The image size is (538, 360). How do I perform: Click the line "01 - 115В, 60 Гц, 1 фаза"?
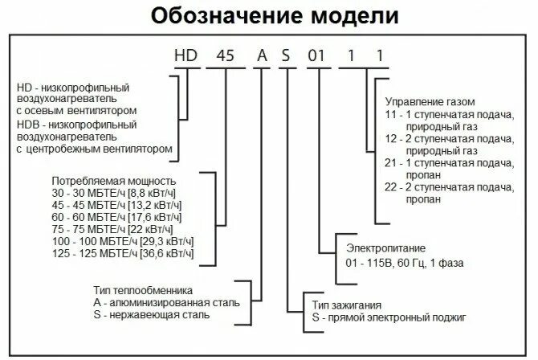[405, 262]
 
